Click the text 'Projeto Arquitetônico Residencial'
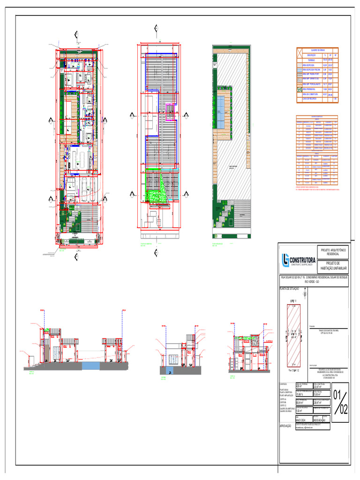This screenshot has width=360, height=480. (x=332, y=251)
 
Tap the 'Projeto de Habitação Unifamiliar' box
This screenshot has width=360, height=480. (x=332, y=266)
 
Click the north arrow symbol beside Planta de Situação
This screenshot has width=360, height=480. (x=305, y=294)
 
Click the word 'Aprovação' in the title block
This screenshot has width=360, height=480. (x=286, y=426)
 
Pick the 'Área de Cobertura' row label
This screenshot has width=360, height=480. (x=311, y=94)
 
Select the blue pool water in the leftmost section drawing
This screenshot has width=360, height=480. (x=89, y=365)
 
